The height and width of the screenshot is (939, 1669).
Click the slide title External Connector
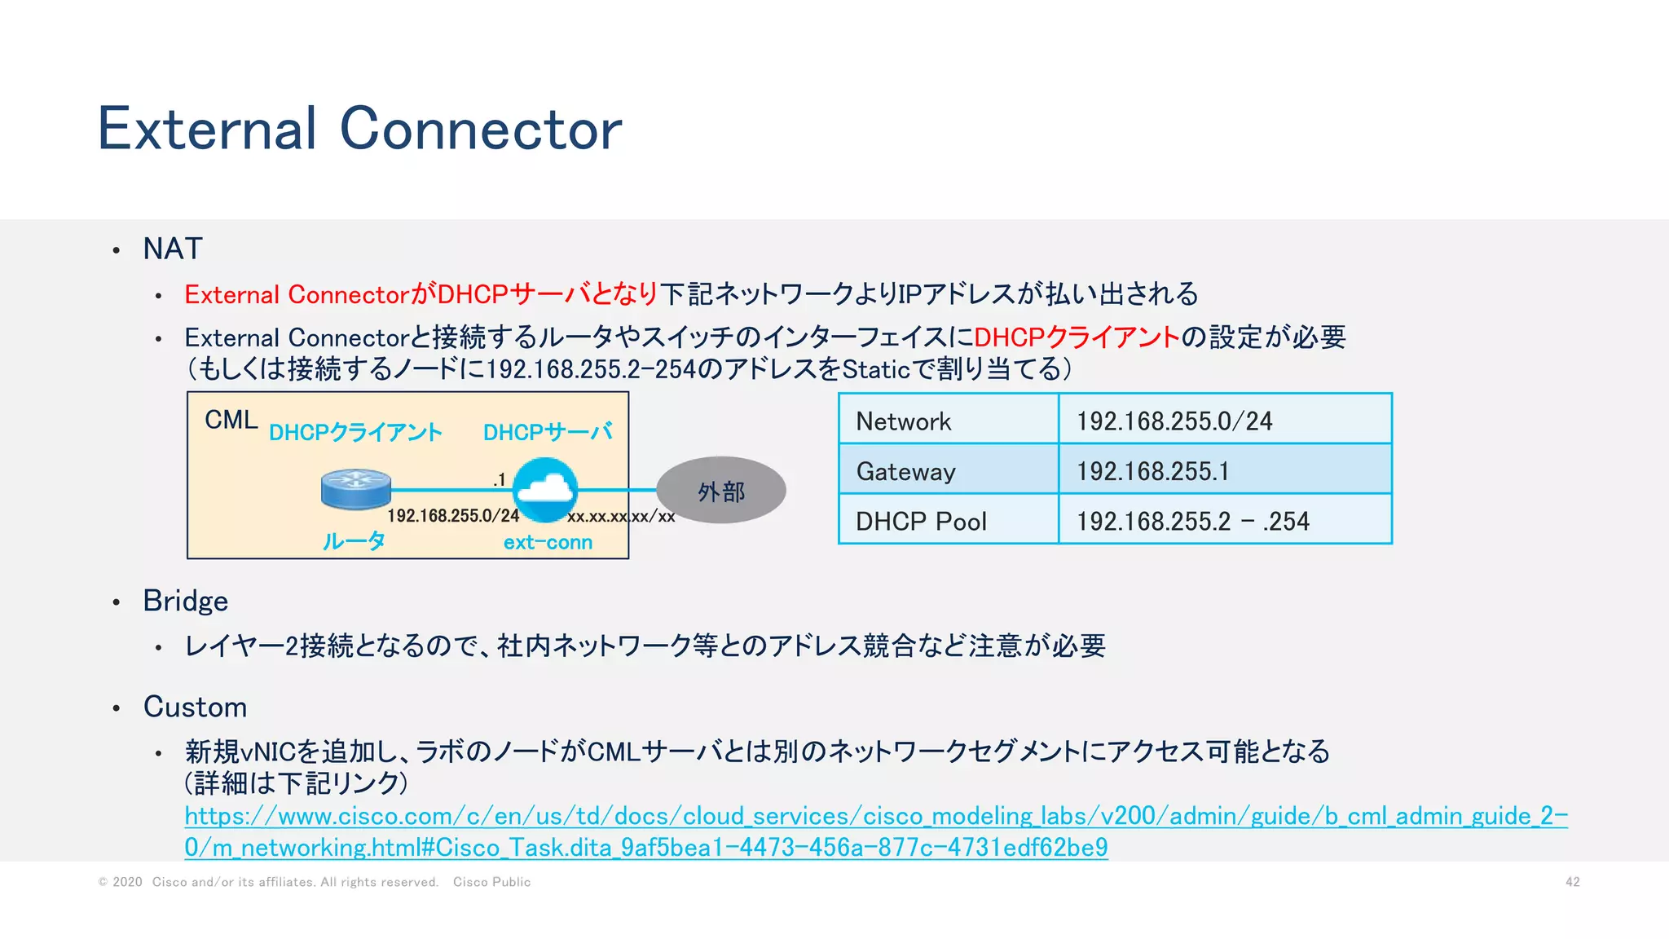point(359,129)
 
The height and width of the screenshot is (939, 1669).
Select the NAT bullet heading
point(172,249)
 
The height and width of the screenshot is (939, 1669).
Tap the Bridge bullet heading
point(185,601)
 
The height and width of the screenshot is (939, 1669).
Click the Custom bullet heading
point(195,707)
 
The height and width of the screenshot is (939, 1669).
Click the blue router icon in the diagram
point(355,489)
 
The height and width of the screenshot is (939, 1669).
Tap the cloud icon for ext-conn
point(545,488)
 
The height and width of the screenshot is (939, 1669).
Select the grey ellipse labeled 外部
point(721,491)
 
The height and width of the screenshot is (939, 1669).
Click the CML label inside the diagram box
point(231,420)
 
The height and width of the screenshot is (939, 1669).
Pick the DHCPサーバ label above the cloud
point(548,432)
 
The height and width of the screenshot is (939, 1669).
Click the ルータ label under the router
point(354,541)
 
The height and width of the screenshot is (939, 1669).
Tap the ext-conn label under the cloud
point(548,542)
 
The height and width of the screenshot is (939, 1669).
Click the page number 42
point(1572,882)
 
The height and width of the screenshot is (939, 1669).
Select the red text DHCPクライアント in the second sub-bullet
point(1077,337)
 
